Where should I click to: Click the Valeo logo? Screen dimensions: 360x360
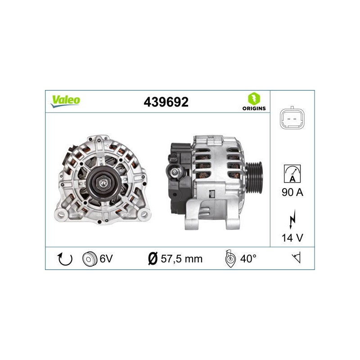point(65,101)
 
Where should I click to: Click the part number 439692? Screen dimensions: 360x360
point(166,102)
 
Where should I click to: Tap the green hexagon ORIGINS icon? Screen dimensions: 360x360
point(254,99)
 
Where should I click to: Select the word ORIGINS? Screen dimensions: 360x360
point(254,108)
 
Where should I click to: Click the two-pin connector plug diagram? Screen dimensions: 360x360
point(292,119)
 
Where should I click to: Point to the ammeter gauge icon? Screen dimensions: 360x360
point(292,174)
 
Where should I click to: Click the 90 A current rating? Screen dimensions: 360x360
point(292,192)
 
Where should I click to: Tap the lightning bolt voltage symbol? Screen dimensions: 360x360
point(292,219)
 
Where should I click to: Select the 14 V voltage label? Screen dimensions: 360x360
point(292,238)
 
